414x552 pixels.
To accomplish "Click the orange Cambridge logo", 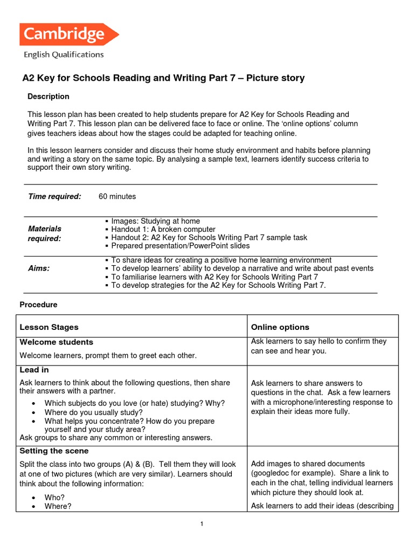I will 68,34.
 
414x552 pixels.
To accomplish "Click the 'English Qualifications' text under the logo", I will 63,54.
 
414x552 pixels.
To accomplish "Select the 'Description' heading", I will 49,96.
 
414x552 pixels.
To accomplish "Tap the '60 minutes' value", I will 117,196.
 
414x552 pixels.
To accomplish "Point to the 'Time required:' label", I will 54,196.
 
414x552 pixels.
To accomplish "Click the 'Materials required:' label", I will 45,233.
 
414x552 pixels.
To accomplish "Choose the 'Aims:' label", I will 39,268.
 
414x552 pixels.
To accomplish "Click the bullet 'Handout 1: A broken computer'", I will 163,229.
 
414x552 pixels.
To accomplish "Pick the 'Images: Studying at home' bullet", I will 155,221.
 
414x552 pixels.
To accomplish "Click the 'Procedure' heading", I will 38,305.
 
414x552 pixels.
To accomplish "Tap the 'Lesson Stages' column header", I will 49,327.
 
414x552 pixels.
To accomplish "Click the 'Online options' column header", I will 280,327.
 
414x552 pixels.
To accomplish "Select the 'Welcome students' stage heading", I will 56,342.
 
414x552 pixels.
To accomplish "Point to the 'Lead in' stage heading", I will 34,370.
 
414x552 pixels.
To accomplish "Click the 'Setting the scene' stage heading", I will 54,451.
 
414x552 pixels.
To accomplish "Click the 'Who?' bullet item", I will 54,497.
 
